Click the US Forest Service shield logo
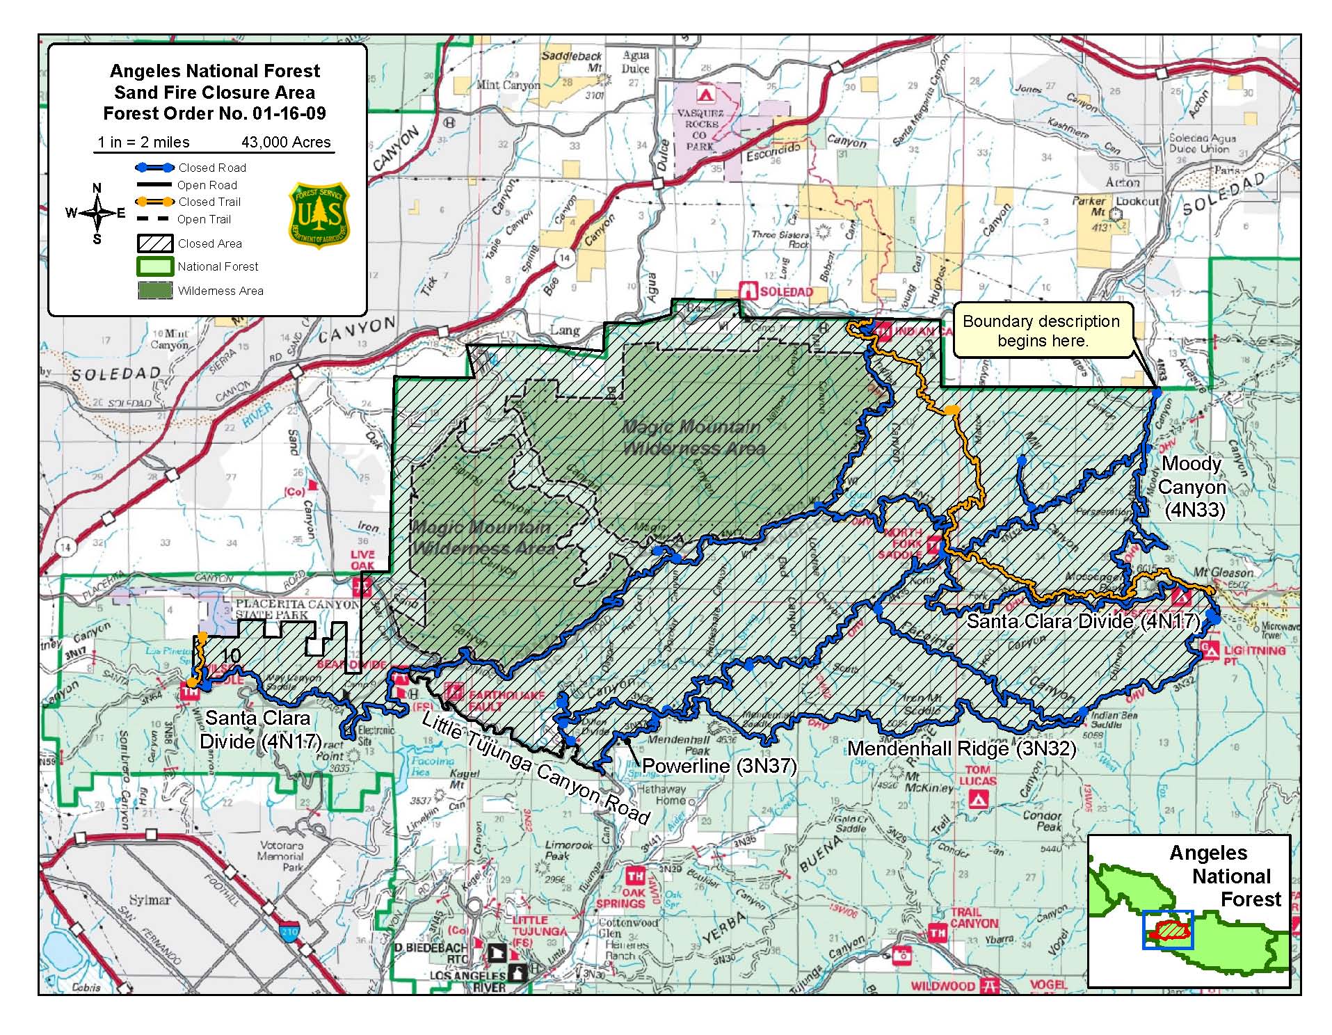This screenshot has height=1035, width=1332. click(319, 215)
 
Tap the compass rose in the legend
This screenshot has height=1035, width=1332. click(97, 213)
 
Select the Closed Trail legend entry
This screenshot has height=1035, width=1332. click(209, 202)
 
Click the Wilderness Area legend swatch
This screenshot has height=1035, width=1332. click(155, 291)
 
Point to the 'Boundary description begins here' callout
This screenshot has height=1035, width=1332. click(1041, 331)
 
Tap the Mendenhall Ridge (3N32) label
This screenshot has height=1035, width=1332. click(961, 748)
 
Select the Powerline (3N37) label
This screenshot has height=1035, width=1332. click(719, 766)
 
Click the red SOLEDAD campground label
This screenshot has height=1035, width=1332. click(785, 291)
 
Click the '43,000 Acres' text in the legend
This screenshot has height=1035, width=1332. click(286, 142)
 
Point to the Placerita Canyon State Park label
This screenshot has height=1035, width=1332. click(296, 609)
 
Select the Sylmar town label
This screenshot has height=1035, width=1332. click(150, 899)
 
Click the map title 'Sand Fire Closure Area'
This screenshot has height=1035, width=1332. click(214, 93)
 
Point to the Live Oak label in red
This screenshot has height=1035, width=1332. click(362, 560)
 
